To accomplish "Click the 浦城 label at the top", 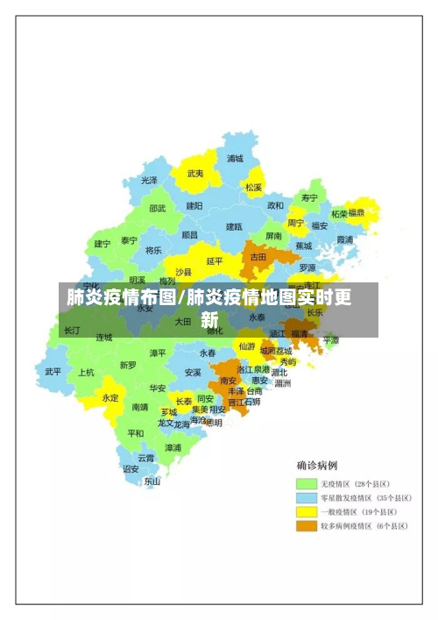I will [x=235, y=159].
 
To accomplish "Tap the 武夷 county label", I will [x=194, y=174].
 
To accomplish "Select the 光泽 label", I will [x=150, y=180].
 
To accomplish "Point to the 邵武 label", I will [x=157, y=209].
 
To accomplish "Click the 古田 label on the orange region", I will [x=258, y=257].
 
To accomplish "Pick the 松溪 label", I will [x=253, y=187].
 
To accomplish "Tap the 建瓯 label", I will [x=234, y=226].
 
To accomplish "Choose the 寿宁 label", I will [x=309, y=197].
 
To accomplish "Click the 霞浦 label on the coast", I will [x=345, y=239].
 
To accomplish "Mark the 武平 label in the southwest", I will [x=53, y=371].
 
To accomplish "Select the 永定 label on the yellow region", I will [x=109, y=397].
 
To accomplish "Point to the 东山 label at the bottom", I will [x=152, y=481].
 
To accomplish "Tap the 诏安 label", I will [x=131, y=468].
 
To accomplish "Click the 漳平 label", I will [x=158, y=353].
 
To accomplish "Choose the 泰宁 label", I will [x=130, y=240].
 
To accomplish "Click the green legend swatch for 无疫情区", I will [x=306, y=484].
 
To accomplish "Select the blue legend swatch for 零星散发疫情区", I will [x=306, y=498].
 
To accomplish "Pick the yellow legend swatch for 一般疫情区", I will [x=306, y=512].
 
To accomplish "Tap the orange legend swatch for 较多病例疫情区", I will [x=306, y=526].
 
